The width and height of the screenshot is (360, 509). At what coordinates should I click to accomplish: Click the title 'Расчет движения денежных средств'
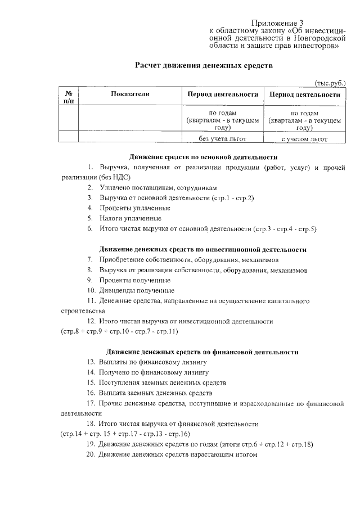click(x=203, y=65)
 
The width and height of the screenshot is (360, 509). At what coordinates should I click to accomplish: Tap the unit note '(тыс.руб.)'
click(x=330, y=83)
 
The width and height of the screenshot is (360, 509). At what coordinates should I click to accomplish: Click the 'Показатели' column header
click(x=130, y=94)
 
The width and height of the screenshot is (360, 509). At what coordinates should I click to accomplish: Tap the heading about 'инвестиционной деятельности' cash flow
click(x=203, y=249)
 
